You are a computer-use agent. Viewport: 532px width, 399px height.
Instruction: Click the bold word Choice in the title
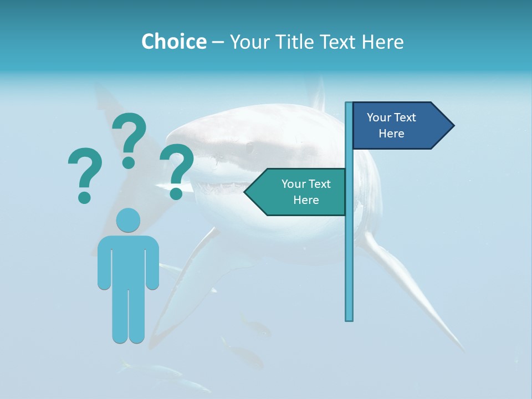pyautogui.click(x=173, y=42)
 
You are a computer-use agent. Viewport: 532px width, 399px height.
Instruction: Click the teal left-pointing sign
pyautogui.click(x=299, y=192)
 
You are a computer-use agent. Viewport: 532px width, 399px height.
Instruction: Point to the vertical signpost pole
pyautogui.click(x=349, y=249)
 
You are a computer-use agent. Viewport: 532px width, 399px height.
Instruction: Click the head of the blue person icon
pyautogui.click(x=128, y=219)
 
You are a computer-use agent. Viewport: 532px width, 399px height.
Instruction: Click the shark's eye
pyautogui.click(x=250, y=148)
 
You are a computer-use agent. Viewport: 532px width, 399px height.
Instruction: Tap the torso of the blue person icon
pyautogui.click(x=128, y=260)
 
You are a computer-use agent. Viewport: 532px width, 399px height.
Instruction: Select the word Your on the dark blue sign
pyautogui.click(x=378, y=117)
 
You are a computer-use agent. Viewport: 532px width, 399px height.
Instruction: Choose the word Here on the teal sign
pyautogui.click(x=306, y=200)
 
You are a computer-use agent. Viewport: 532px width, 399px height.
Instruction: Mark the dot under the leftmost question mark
pyautogui.click(x=84, y=197)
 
